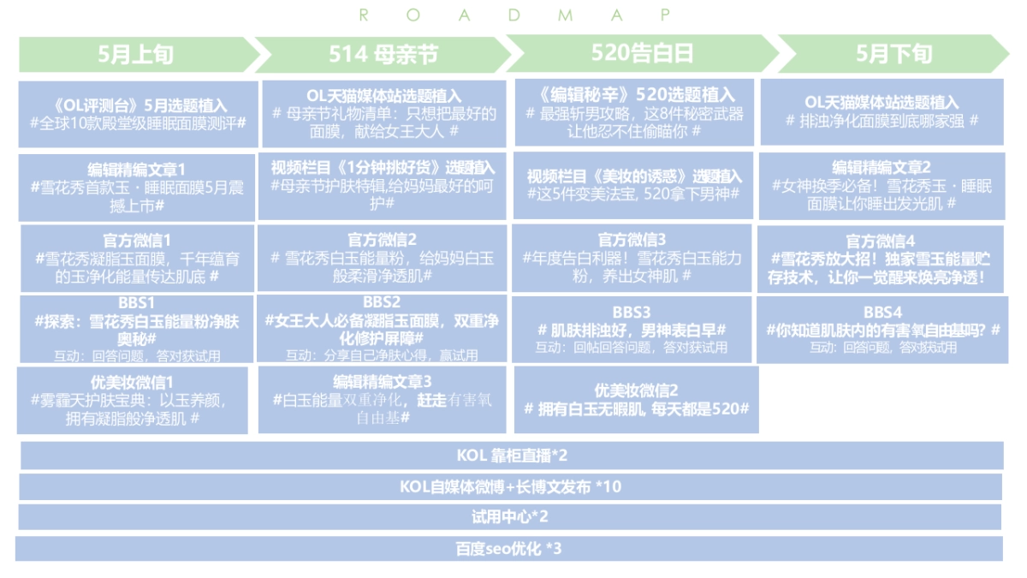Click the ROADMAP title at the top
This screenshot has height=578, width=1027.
click(514, 15)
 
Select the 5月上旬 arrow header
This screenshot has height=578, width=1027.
click(137, 54)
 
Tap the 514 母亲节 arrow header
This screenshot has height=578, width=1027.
click(383, 54)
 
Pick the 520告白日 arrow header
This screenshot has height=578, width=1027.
click(642, 53)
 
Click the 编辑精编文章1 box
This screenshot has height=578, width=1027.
click(137, 187)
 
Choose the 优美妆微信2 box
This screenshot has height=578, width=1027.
click(636, 399)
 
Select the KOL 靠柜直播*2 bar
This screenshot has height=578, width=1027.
click(512, 456)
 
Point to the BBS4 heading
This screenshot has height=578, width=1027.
click(882, 312)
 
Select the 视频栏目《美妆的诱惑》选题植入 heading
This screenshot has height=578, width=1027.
click(634, 176)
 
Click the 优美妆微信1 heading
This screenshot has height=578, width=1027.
click(132, 381)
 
